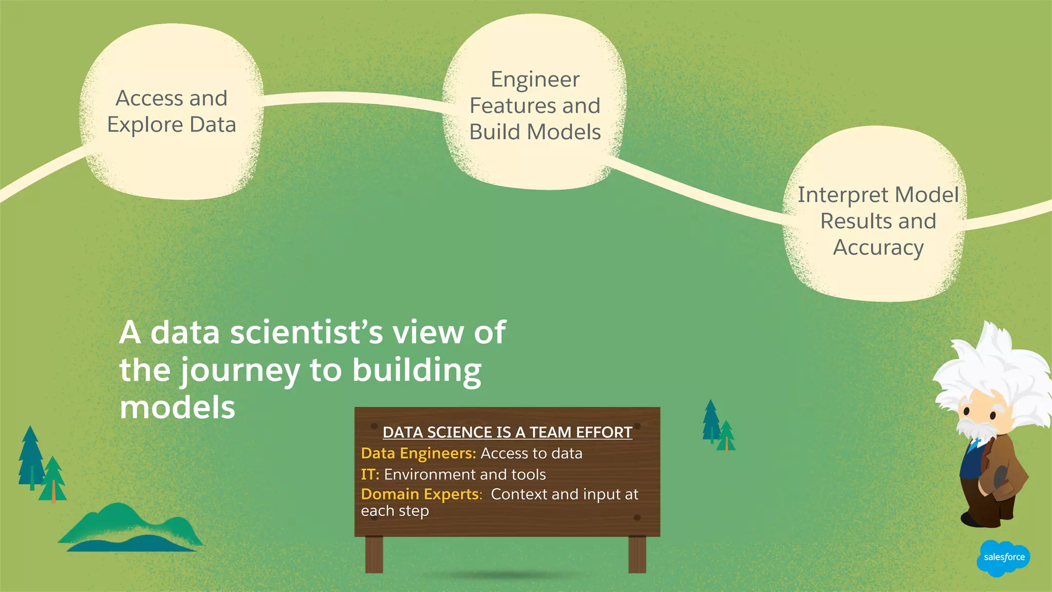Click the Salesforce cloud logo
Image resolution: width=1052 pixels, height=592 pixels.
[x=1003, y=558]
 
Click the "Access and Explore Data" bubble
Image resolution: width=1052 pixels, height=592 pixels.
[x=171, y=112]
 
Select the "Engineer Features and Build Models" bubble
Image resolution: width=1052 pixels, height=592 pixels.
[x=535, y=105]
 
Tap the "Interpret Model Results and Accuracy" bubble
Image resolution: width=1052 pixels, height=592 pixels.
[x=878, y=221]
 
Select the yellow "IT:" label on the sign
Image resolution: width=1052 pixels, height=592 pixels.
[x=370, y=474]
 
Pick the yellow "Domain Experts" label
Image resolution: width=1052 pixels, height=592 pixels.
[x=421, y=494]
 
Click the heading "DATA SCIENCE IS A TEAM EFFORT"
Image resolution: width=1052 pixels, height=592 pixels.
[x=507, y=433]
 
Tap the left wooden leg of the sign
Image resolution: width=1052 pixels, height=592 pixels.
[x=374, y=554]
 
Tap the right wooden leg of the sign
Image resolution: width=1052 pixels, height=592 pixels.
[x=637, y=554]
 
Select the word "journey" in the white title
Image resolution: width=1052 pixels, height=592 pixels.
[x=240, y=371]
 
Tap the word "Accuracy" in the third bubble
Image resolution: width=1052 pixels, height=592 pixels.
[x=878, y=248]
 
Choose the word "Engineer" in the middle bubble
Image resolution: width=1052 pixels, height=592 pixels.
[x=535, y=80]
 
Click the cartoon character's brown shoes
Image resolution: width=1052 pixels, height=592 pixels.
[x=986, y=519]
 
